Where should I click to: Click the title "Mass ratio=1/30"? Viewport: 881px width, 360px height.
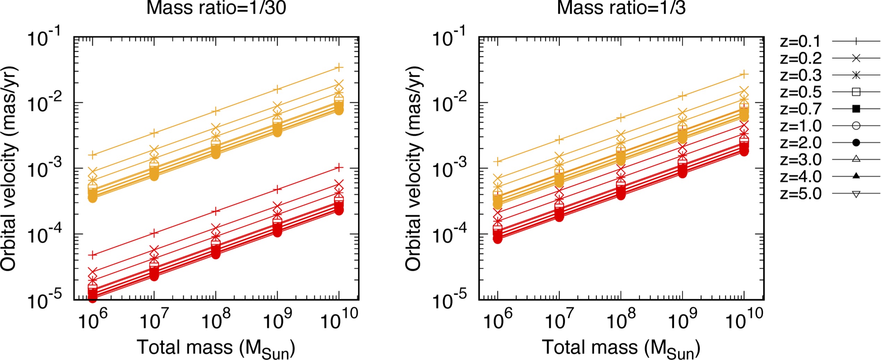coord(216,8)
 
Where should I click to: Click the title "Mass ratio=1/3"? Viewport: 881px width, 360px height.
coord(621,8)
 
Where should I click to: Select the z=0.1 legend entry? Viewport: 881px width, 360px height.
coord(800,42)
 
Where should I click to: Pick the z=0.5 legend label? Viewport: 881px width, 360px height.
coord(800,92)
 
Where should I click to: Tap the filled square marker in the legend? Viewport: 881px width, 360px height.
coord(856,109)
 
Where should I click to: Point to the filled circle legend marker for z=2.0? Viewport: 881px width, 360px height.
coord(856,143)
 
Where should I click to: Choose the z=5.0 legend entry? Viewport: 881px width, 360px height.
coord(800,194)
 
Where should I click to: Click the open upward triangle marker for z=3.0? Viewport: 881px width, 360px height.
coord(856,159)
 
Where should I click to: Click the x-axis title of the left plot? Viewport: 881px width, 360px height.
coord(216,348)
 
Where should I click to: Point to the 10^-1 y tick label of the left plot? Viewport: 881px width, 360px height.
coord(44,37)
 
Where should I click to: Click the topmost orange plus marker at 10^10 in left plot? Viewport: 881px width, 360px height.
coord(339,68)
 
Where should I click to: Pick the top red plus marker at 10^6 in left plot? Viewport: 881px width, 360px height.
coord(92,255)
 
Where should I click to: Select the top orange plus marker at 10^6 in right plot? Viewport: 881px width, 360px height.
coord(498,161)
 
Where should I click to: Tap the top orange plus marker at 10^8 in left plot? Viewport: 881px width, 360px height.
coord(216,111)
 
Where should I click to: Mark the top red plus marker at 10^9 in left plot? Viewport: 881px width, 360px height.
coord(277,190)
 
